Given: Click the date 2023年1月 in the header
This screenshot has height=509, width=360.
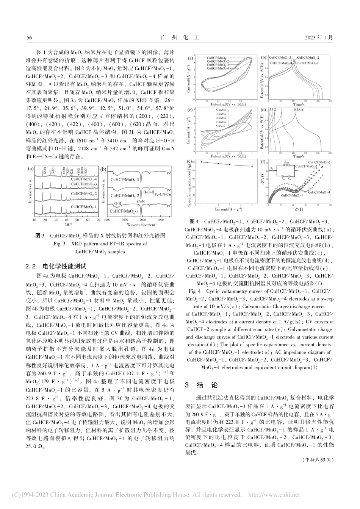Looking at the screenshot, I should click(x=319, y=37).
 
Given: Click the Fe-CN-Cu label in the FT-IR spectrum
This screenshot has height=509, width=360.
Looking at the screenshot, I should click(x=163, y=194).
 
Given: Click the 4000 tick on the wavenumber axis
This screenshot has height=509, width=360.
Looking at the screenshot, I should click(x=107, y=220).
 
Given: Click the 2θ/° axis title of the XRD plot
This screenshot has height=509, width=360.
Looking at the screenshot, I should click(x=68, y=225).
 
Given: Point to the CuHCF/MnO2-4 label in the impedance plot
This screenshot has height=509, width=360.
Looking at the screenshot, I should click(x=319, y=192).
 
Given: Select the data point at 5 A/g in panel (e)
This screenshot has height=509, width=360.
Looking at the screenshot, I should click(x=252, y=166).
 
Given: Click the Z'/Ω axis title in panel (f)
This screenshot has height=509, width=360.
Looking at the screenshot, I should click(x=298, y=209).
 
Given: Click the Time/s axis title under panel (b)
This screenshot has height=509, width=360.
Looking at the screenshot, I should click(x=298, y=104).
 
